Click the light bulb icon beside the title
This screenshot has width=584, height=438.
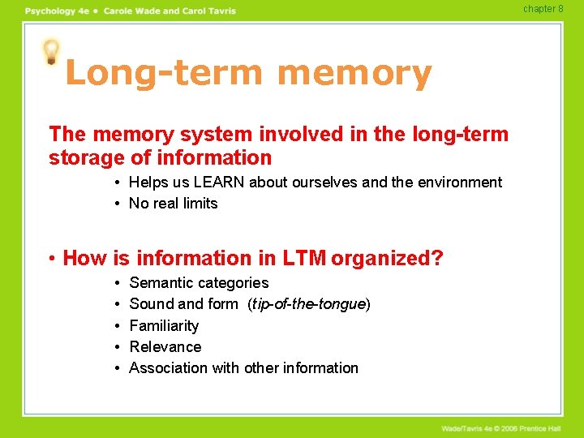pyautogui.click(x=52, y=52)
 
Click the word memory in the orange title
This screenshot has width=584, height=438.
pyautogui.click(x=354, y=74)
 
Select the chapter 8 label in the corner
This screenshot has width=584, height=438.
pyautogui.click(x=543, y=9)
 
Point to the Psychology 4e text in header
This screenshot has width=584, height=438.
pyautogui.click(x=58, y=11)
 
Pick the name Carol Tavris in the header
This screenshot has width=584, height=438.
pyautogui.click(x=209, y=11)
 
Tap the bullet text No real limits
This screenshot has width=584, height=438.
pyautogui.click(x=174, y=204)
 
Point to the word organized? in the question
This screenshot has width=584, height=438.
pyautogui.click(x=388, y=259)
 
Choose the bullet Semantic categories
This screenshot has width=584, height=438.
pyautogui.click(x=199, y=283)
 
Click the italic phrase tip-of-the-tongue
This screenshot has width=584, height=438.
pyautogui.click(x=307, y=304)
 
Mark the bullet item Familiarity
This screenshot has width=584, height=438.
pyautogui.click(x=164, y=326)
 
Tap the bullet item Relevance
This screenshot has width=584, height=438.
pyautogui.click(x=165, y=347)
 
